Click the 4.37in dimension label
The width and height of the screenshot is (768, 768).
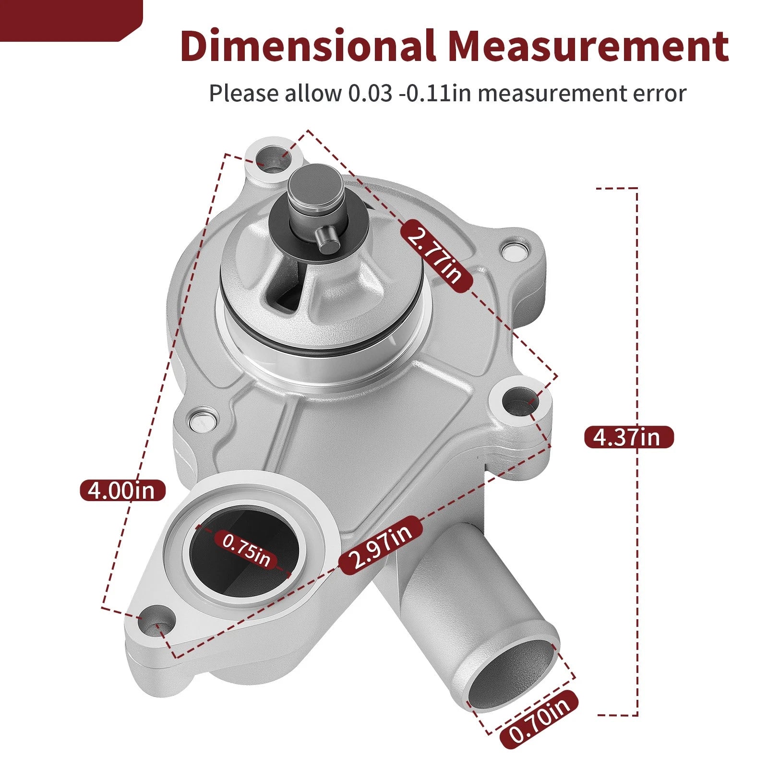tap(629, 437)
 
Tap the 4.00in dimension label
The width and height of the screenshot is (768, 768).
tap(123, 490)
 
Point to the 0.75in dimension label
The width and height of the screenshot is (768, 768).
tap(246, 550)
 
